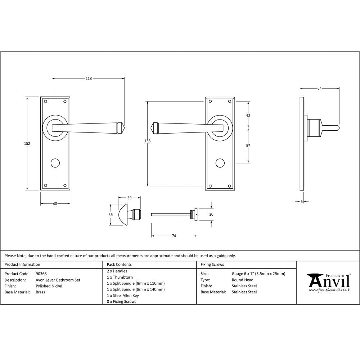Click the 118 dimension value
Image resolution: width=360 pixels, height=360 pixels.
(x=89, y=78)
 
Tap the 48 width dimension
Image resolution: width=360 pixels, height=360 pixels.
(x=55, y=204)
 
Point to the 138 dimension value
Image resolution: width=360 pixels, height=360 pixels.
(x=147, y=141)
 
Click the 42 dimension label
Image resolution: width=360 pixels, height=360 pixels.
(x=248, y=115)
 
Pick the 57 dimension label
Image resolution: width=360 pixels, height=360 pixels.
(x=248, y=145)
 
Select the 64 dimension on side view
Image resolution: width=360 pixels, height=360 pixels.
(x=319, y=88)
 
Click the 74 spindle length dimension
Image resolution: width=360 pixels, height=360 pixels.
(x=174, y=236)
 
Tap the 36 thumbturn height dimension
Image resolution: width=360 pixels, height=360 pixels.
(x=111, y=215)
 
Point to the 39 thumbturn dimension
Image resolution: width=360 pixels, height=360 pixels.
(x=129, y=198)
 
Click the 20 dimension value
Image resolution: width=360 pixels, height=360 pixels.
(x=211, y=214)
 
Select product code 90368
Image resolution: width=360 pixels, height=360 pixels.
(x=41, y=274)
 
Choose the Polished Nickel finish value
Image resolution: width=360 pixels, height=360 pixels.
(x=49, y=286)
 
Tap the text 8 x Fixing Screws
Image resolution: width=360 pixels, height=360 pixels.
(x=122, y=301)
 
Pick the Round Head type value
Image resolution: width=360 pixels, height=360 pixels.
(x=243, y=280)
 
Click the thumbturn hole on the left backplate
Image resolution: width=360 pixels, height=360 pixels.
(x=55, y=163)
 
